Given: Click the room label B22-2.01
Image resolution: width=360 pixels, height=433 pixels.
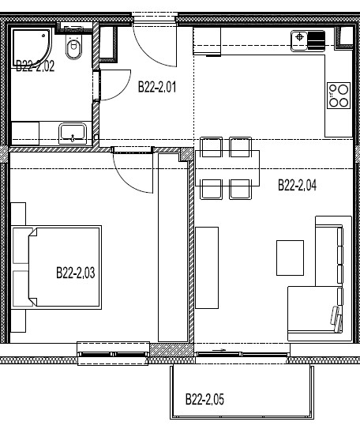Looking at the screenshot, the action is (x=156, y=87).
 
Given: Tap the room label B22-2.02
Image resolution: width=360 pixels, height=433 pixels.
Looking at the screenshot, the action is (x=35, y=66).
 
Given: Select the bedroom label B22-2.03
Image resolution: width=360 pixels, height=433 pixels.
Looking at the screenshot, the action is (x=75, y=273).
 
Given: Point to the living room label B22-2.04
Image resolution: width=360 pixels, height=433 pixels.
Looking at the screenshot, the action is (x=297, y=185).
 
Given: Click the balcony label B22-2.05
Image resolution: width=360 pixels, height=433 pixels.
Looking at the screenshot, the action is (x=204, y=399).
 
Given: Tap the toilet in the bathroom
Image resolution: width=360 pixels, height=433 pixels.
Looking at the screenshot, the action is (x=73, y=47).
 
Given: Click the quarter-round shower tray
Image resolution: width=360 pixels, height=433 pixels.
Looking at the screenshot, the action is (x=32, y=47).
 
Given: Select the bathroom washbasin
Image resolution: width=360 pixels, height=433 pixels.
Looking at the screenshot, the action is (x=73, y=133).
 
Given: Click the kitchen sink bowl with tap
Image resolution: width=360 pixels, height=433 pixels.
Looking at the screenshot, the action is (x=299, y=40).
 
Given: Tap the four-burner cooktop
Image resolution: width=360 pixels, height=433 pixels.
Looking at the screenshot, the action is (x=339, y=96).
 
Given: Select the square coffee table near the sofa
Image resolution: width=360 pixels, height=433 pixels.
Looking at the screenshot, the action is (x=290, y=258).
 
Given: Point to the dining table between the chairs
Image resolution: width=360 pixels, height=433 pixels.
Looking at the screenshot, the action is (x=227, y=168).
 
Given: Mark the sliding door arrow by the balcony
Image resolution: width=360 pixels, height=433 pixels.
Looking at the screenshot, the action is (x=219, y=350).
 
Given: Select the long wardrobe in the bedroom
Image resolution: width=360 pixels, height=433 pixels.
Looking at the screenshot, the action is (x=173, y=247).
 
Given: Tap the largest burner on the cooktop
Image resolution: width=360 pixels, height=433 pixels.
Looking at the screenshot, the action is (x=343, y=89).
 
